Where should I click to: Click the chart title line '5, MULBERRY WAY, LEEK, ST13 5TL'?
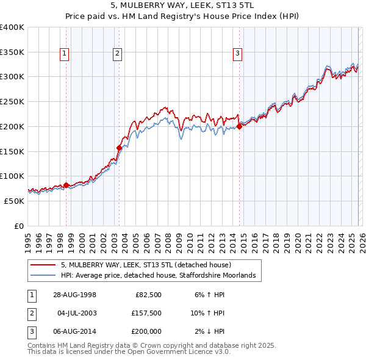tap(182, 5)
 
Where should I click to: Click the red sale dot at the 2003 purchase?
tap(119, 147)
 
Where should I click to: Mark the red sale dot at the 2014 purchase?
tap(239, 126)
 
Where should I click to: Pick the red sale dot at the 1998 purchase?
tap(66, 185)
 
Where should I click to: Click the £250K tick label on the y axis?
tap(12, 101)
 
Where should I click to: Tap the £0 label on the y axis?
tap(18, 225)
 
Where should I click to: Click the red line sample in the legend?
tap(43, 265)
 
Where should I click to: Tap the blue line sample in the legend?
tap(43, 276)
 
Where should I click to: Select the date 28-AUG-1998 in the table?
tap(74, 295)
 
